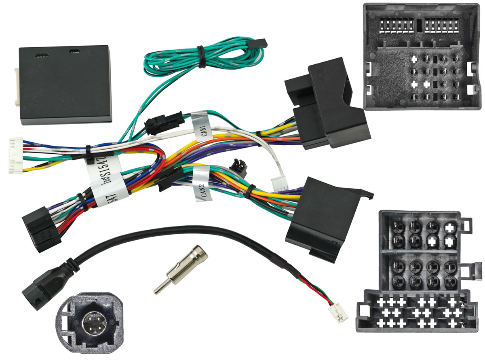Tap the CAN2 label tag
(x=202, y=184)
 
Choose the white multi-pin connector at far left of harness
(x=15, y=155)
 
